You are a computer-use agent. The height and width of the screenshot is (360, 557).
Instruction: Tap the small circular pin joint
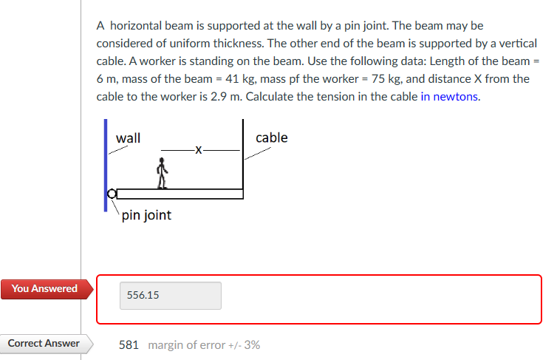112,194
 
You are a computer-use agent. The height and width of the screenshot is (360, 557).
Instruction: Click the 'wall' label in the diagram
129,137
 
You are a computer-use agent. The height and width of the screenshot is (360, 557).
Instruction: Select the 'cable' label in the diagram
271,137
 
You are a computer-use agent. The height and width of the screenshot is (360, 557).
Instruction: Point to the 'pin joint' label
146,215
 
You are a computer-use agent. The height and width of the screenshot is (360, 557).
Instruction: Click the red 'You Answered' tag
44,288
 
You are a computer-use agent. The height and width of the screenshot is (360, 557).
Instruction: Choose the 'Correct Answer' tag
44,344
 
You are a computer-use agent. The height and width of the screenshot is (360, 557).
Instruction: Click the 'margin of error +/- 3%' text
204,345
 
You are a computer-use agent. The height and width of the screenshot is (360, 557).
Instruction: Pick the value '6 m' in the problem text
108,79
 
